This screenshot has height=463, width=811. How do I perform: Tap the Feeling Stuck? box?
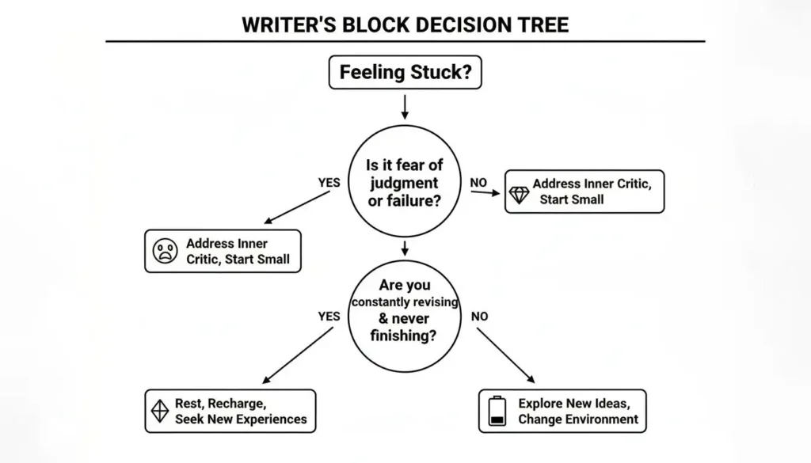(405, 73)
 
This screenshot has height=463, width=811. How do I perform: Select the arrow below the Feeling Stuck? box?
(405, 107)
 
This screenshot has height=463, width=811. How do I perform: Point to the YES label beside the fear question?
(329, 183)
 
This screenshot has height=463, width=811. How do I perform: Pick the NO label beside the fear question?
(478, 183)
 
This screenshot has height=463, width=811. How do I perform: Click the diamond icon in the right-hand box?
(519, 195)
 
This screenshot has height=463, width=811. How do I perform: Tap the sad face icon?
(165, 252)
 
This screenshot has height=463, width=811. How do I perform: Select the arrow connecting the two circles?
(405, 249)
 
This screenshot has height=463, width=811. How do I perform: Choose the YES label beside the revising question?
(329, 317)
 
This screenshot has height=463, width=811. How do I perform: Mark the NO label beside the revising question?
(480, 317)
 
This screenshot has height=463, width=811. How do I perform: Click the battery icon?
(497, 411)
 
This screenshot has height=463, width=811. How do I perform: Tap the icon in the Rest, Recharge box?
(159, 411)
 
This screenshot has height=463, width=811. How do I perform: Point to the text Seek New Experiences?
(241, 419)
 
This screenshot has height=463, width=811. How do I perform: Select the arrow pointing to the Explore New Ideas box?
(506, 355)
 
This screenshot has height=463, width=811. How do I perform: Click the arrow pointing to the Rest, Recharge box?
(299, 355)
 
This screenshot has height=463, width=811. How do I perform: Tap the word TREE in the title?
(543, 25)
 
